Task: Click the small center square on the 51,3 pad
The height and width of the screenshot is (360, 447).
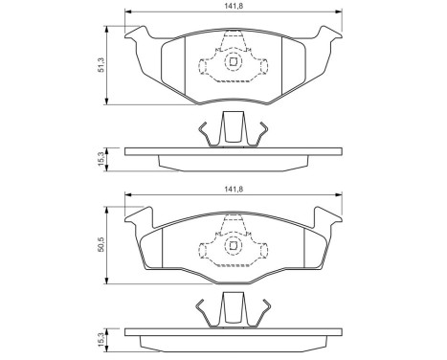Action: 233,63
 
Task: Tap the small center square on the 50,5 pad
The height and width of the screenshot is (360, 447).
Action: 233,246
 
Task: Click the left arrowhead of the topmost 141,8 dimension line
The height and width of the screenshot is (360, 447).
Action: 127,12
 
